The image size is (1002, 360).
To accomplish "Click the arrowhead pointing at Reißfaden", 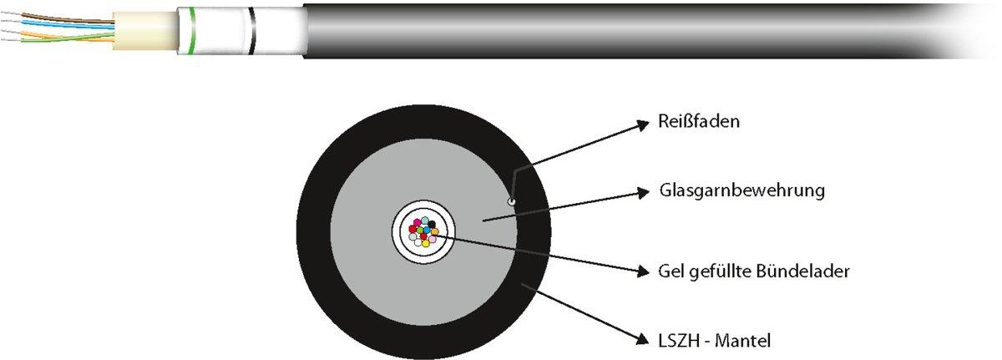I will (643, 124).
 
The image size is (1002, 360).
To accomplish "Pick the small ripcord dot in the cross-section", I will (511, 200).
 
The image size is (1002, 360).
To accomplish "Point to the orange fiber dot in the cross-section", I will (434, 231).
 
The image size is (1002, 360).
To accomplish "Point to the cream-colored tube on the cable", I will (142, 30).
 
